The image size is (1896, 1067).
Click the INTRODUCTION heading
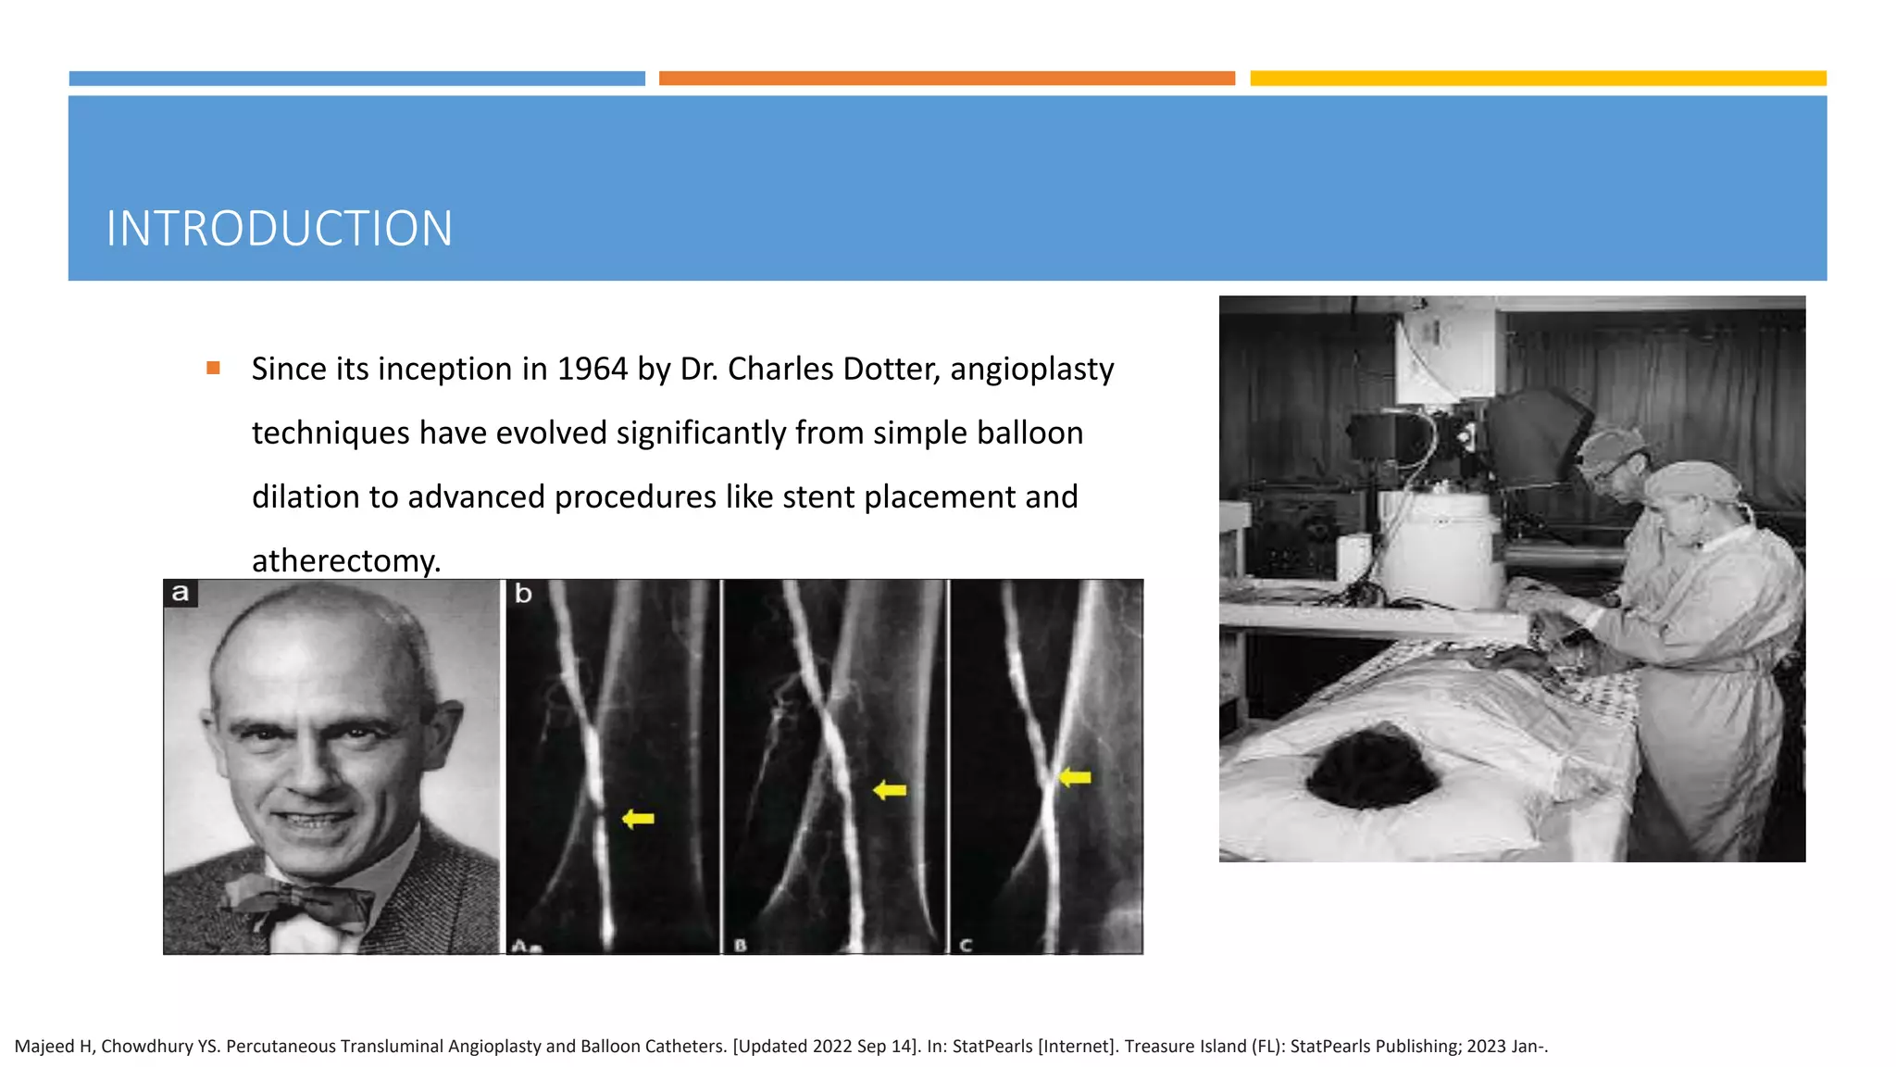click(279, 229)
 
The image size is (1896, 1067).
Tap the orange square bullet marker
click(213, 368)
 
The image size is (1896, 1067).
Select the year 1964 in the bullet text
click(592, 369)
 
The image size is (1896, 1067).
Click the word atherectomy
click(345, 560)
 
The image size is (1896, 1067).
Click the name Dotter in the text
click(890, 369)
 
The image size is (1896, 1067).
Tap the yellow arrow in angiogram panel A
click(639, 818)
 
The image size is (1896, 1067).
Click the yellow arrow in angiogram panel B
click(890, 790)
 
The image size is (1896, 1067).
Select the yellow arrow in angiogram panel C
click(1075, 777)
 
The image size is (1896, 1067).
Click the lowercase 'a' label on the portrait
click(181, 593)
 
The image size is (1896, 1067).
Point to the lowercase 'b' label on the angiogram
click(523, 593)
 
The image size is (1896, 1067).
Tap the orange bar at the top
click(946, 79)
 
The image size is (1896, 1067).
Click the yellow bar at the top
click(1538, 79)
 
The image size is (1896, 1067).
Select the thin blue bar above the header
click(356, 79)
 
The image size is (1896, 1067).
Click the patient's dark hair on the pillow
click(1370, 768)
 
